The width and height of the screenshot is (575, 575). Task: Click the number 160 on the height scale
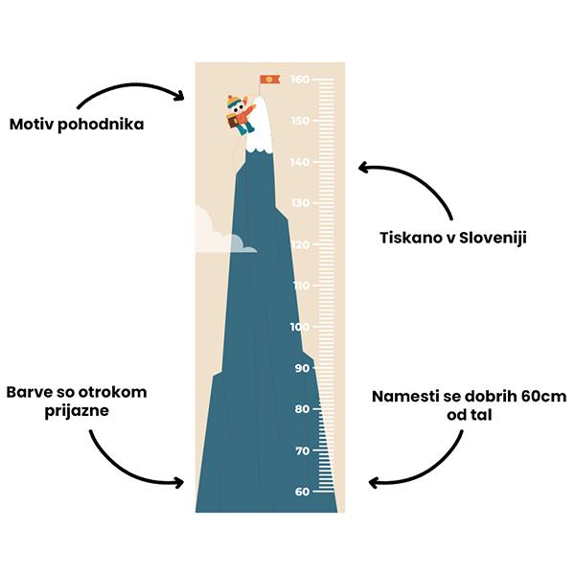click(x=300, y=80)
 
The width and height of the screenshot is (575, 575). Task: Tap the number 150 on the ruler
click(x=300, y=121)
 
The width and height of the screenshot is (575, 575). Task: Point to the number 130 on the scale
click(x=300, y=203)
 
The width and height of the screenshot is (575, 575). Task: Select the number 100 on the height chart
click(x=300, y=327)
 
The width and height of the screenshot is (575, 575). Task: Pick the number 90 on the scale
click(x=303, y=368)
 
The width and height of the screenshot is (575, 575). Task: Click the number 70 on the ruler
click(x=303, y=450)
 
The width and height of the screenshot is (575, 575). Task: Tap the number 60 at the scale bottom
click(x=303, y=492)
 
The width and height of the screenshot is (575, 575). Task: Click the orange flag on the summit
click(x=270, y=80)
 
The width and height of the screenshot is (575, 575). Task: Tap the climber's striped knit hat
click(x=233, y=102)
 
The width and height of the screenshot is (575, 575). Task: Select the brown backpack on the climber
click(x=232, y=122)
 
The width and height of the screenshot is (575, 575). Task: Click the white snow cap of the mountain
click(x=260, y=126)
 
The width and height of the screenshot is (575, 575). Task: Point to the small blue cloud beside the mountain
click(x=242, y=244)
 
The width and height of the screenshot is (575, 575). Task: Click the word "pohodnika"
click(x=101, y=125)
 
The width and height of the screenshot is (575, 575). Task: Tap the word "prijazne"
click(x=77, y=411)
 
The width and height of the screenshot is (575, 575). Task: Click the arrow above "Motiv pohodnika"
click(x=131, y=85)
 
